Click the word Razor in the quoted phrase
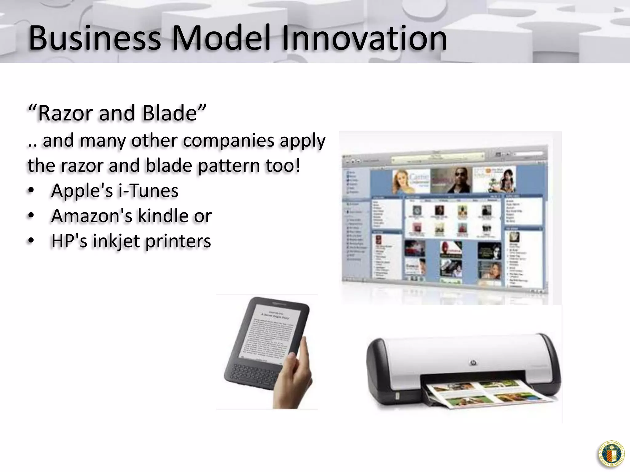point(65,113)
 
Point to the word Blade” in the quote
point(174,113)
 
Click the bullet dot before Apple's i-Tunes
point(31,191)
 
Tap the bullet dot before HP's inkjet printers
point(31,241)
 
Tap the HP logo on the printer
point(473,363)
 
